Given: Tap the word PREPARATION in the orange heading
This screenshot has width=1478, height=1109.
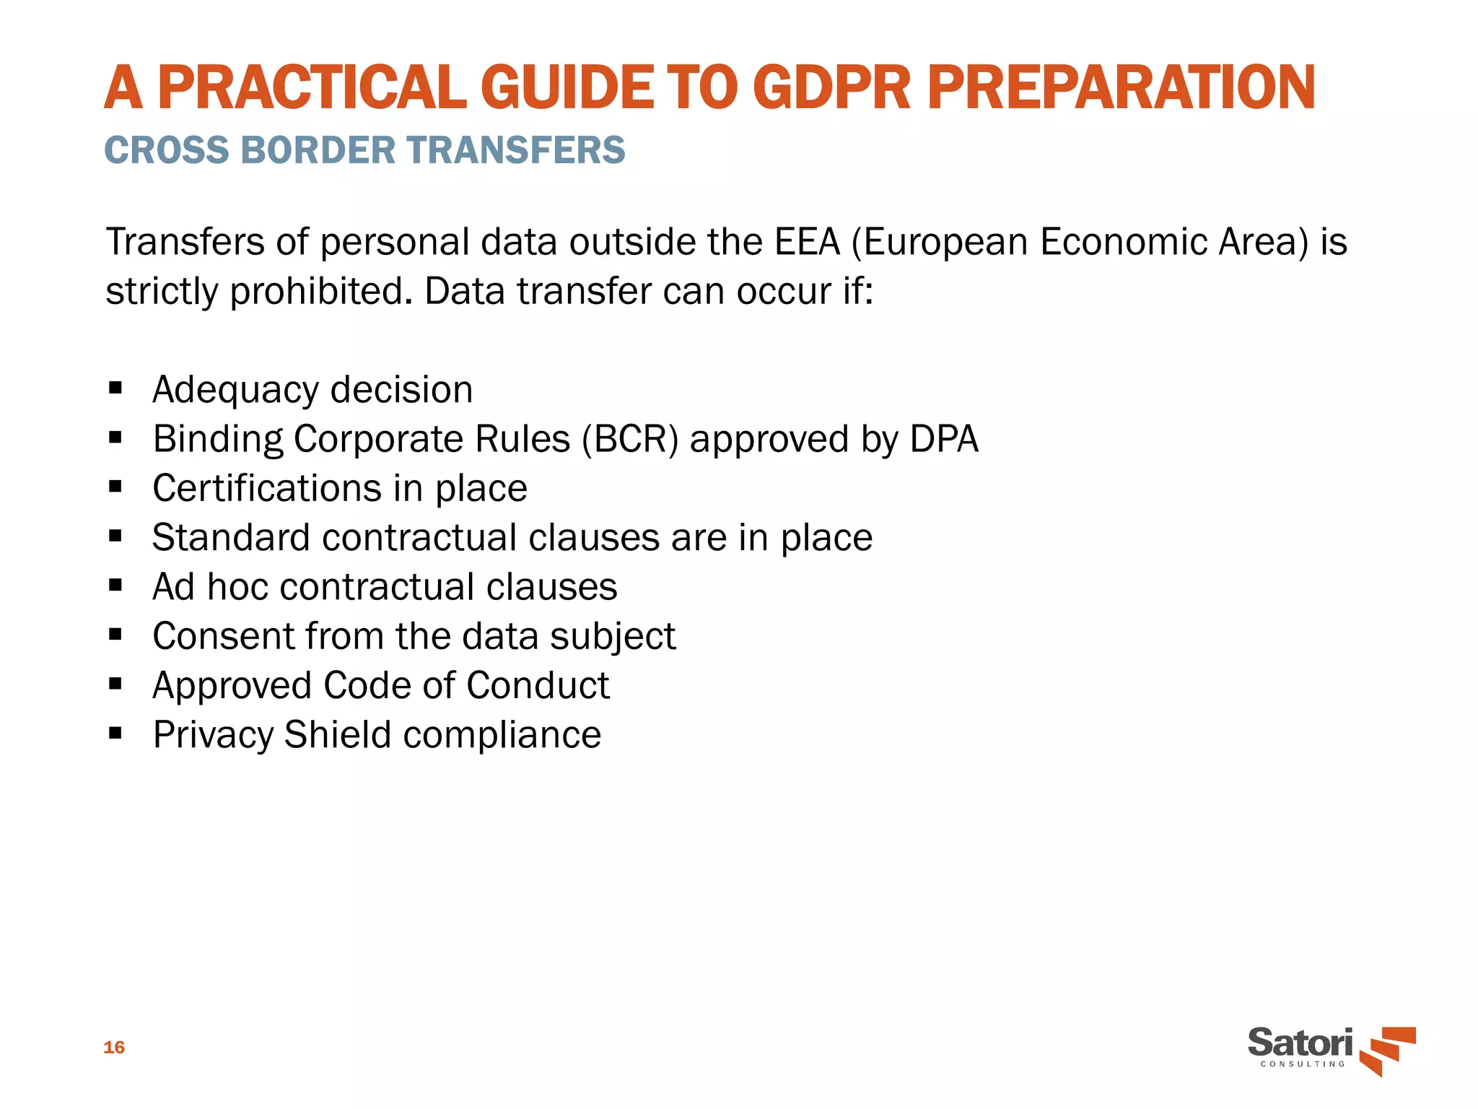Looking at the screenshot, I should pos(1121,88).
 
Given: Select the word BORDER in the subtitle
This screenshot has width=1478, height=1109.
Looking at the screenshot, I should pos(318,150).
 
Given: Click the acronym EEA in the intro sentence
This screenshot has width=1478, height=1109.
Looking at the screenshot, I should pos(807,242).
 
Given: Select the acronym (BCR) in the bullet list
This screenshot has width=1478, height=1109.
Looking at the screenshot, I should pos(630,439).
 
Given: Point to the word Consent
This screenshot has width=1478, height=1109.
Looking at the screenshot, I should pos(223,636).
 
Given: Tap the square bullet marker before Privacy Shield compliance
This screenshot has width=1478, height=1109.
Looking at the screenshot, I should pos(115,734).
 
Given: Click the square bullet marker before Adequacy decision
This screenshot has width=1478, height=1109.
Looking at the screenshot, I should pos(115,388).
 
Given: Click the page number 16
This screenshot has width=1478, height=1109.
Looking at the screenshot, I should pos(114,1048).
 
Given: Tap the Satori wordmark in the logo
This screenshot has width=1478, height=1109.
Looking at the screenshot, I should pos(1300,1042).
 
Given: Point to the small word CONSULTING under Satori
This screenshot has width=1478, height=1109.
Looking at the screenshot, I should pos(1303,1064).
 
